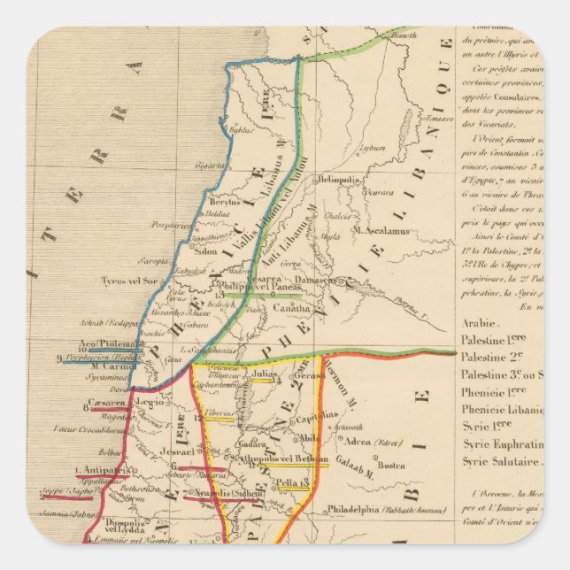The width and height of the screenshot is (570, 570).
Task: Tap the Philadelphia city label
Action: pos(364,509)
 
